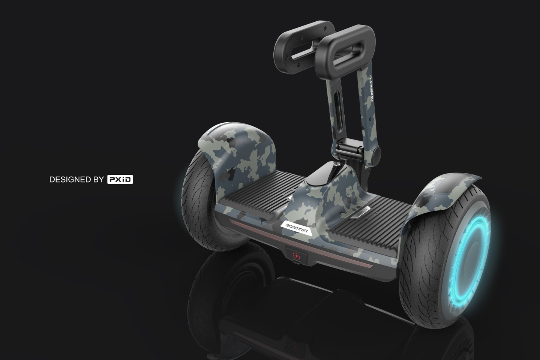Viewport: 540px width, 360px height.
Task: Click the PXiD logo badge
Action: coord(120,180)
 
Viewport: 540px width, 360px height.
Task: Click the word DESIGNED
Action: coord(70,180)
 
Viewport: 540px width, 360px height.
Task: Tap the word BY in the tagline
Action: coord(98,180)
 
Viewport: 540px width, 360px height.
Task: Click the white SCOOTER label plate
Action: coord(296,228)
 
